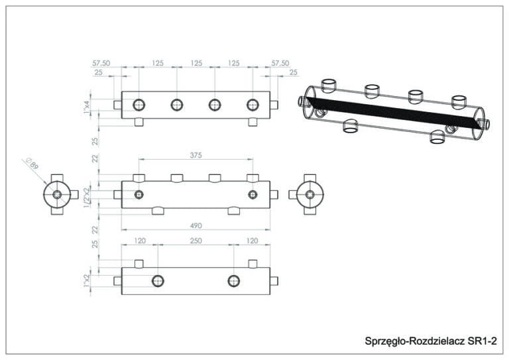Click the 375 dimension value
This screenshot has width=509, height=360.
[196, 155]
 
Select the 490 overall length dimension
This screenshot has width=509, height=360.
[196, 225]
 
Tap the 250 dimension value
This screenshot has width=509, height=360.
[196, 241]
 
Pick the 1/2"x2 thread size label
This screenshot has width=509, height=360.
[86, 196]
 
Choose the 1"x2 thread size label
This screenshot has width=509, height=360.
[86, 281]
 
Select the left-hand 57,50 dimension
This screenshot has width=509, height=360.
[101, 63]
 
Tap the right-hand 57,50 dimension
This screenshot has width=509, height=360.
[280, 63]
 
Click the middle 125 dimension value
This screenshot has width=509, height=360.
[196, 63]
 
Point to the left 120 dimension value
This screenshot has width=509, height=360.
[139, 241]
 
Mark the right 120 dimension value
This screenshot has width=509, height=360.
[252, 241]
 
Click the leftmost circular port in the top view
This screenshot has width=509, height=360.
[139, 105]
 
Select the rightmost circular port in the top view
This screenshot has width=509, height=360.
[253, 105]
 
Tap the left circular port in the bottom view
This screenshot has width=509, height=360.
[158, 281]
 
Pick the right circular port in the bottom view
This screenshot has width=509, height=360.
[234, 281]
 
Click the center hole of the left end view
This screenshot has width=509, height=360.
[57, 195]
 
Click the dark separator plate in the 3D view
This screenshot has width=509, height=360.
[391, 112]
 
